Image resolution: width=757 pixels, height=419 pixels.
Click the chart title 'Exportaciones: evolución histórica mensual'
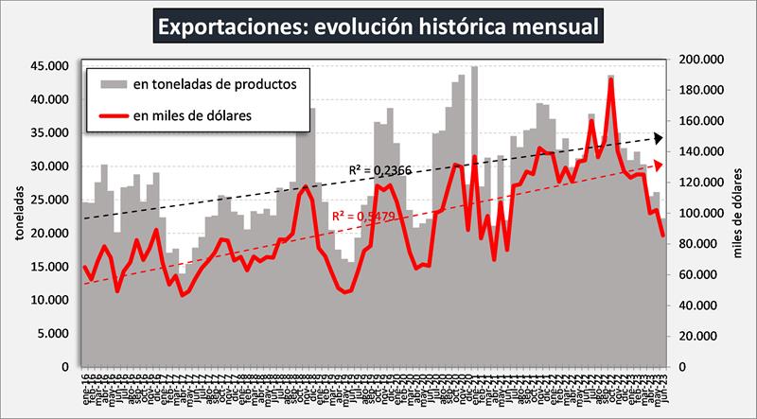pyautogui.click(x=378, y=26)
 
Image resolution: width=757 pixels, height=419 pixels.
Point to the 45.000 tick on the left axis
pyautogui.click(x=49, y=66)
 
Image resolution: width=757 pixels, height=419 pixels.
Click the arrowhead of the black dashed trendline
pyautogui.click(x=659, y=139)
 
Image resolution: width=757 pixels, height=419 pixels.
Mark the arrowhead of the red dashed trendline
pyautogui.click(x=659, y=165)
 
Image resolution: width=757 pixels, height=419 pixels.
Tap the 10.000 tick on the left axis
pyautogui.click(x=49, y=300)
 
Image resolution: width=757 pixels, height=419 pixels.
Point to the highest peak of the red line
pyautogui.click(x=611, y=79)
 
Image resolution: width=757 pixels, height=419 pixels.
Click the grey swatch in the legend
pyautogui.click(x=113, y=84)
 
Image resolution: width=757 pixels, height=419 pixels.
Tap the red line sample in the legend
pyautogui.click(x=113, y=115)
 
